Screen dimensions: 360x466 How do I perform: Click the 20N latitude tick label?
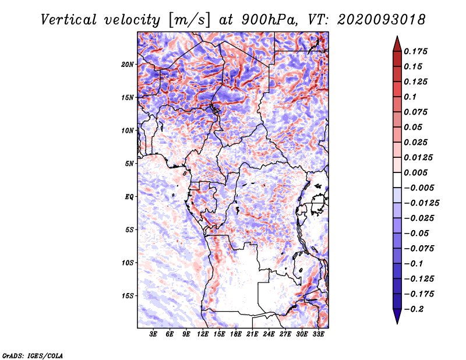coord(128,64)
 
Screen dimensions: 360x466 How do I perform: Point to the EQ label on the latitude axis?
coord(129,197)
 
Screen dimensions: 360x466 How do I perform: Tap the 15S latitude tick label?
coord(128,296)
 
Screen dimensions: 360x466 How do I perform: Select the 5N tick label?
coord(129,164)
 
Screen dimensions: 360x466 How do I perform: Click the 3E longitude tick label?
coord(154,334)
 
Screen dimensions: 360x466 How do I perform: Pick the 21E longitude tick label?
coord(252,334)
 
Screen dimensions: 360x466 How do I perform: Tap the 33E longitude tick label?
coord(318,334)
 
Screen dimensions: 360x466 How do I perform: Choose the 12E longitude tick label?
coord(203,334)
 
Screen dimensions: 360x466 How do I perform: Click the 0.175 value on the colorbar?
coord(416,51)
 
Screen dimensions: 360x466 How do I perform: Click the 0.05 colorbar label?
coord(413,127)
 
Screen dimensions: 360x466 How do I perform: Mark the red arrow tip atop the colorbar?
coord(396,39)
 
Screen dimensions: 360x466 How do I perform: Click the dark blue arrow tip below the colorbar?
coord(396,320)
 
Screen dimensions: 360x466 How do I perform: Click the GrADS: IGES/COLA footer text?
coord(33,355)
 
